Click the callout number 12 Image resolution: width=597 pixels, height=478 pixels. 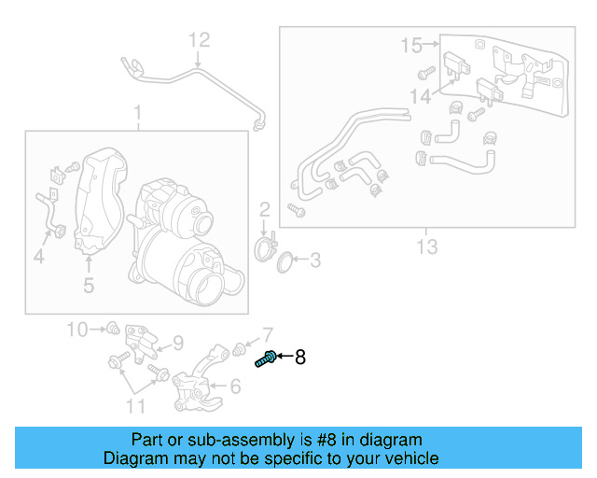point(201,40)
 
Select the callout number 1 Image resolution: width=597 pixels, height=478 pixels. point(138,114)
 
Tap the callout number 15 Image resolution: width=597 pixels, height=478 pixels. point(411,44)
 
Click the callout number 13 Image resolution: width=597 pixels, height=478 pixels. point(426,246)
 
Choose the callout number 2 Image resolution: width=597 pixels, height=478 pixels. point(265,208)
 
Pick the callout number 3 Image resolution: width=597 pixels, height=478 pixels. point(314,260)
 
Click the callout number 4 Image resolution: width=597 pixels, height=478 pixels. point(38,254)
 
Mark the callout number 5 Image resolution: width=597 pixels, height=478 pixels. point(89,286)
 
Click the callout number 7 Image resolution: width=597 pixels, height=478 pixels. point(267,334)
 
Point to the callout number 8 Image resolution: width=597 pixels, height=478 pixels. point(299,357)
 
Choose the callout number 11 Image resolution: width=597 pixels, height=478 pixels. point(136,405)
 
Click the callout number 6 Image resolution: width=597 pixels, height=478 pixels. point(234,384)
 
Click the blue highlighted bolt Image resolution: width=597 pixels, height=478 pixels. point(264,358)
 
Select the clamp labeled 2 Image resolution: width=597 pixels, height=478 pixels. point(266,247)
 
